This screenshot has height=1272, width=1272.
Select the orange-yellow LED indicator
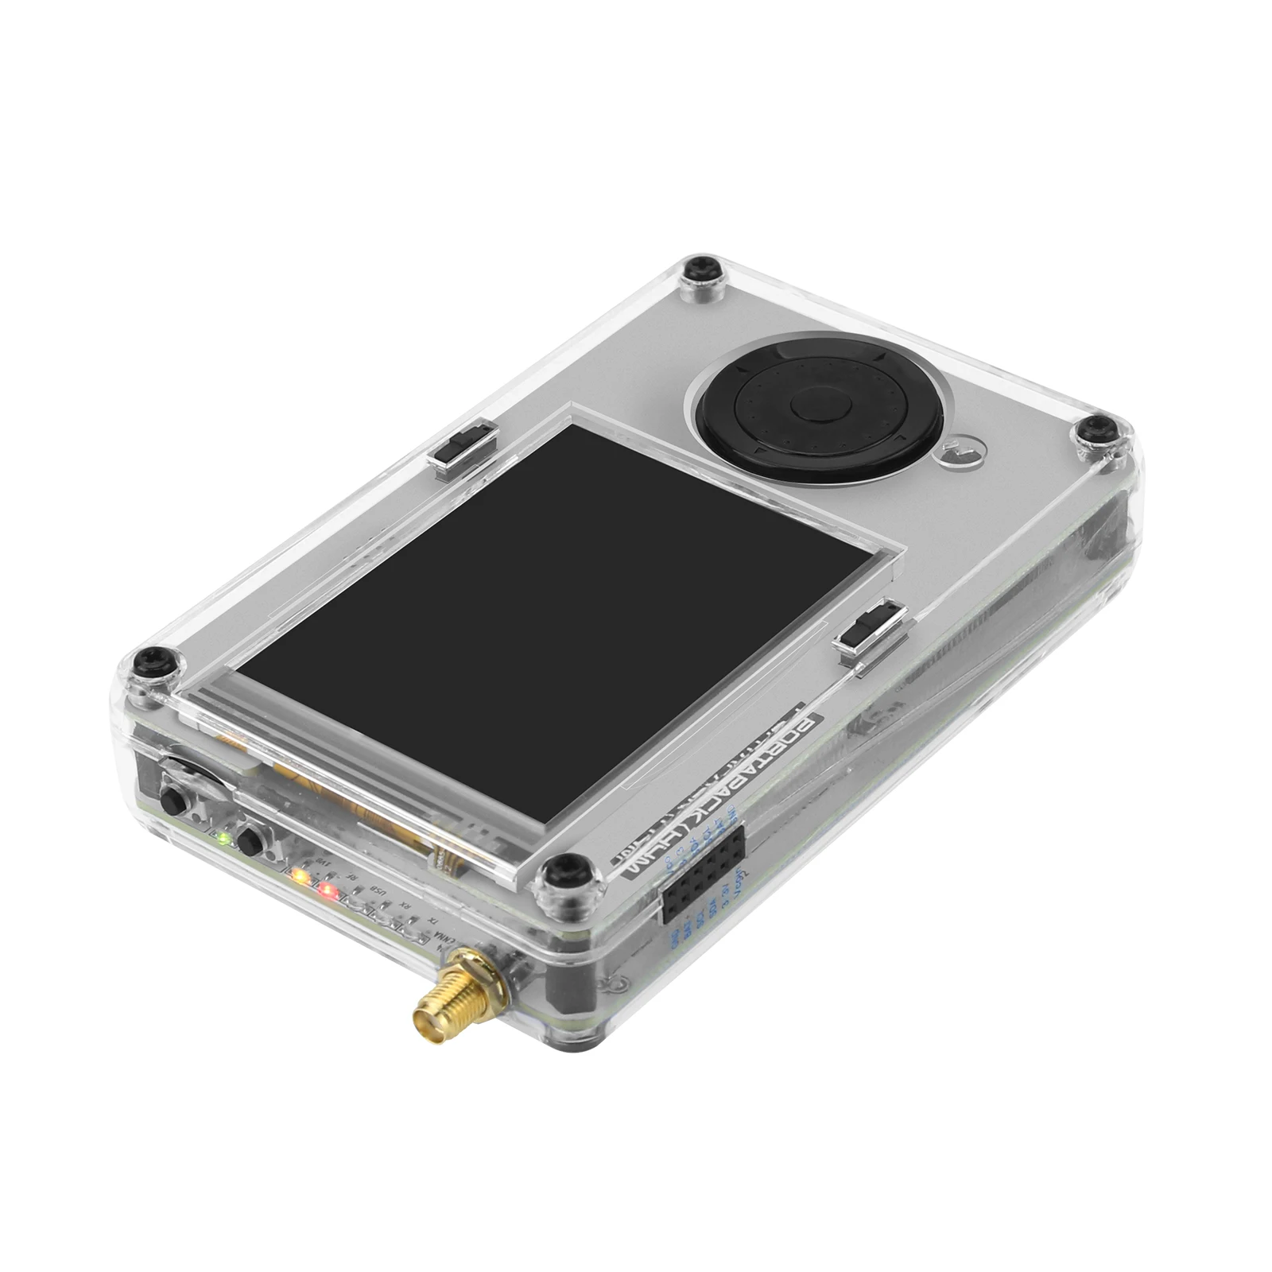click(299, 876)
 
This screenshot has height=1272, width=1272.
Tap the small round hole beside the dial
click(960, 455)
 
